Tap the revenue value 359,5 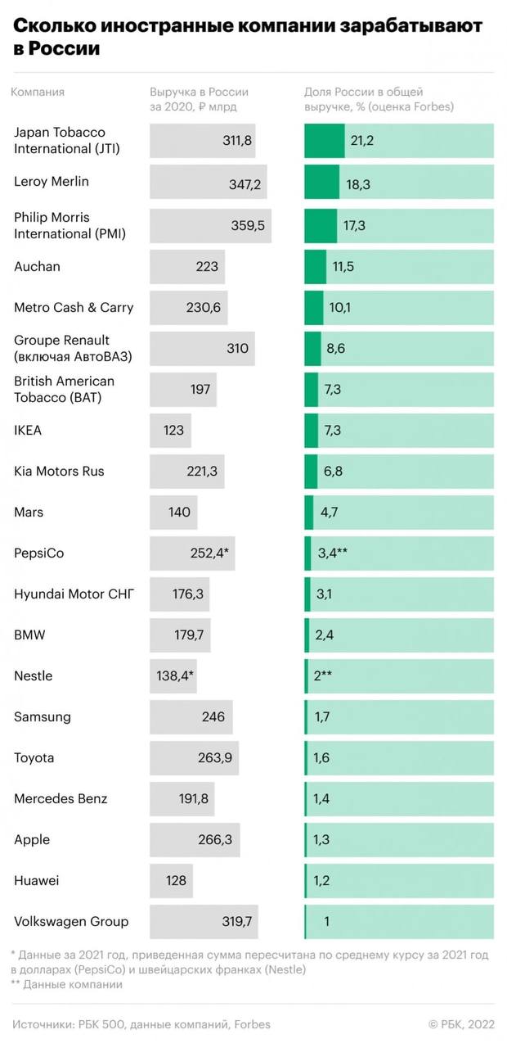click(x=249, y=226)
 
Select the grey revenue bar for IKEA click(x=170, y=431)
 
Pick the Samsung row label click(x=43, y=717)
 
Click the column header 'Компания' click(x=38, y=93)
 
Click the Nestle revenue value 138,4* click(x=175, y=676)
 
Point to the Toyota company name click(x=34, y=758)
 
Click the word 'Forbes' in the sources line click(x=251, y=1024)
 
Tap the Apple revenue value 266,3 click(x=216, y=840)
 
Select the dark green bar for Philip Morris click(x=321, y=226)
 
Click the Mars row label click(x=29, y=513)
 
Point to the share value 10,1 click(x=339, y=308)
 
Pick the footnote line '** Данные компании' click(x=66, y=985)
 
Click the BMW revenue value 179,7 click(x=190, y=635)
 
